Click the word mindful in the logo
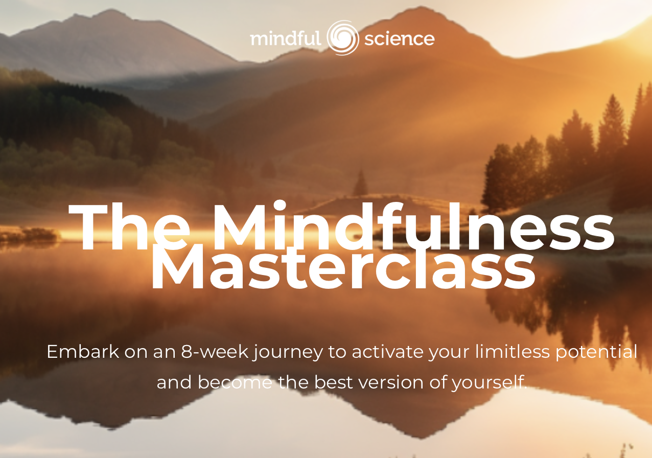pos(285,39)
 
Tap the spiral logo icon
pos(342,38)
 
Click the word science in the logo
pos(399,39)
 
